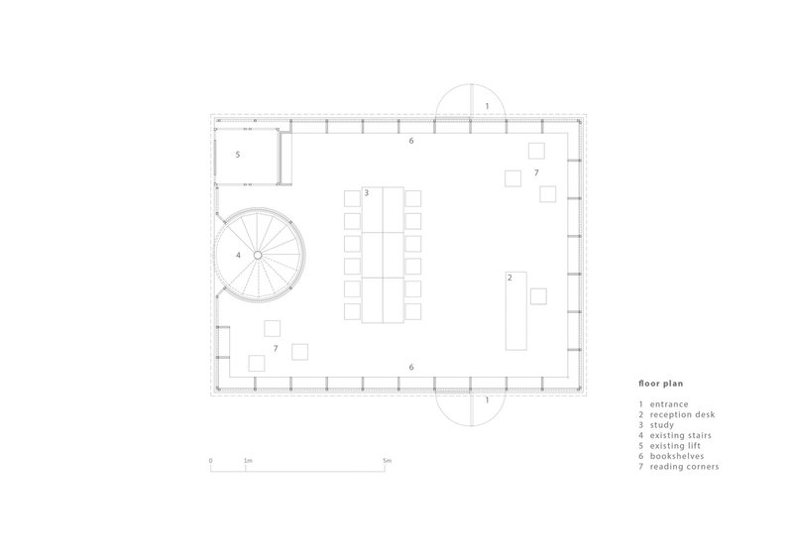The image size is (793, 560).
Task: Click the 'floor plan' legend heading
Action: coord(660,384)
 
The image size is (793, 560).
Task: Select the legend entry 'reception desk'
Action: coord(682,415)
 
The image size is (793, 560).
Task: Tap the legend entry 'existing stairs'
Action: coord(680,435)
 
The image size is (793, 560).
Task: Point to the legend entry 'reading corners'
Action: coord(684,467)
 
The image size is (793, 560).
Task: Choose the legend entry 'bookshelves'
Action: coord(677,456)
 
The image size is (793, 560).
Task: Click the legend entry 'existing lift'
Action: coord(675,446)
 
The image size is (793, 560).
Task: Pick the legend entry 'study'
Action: coord(661,425)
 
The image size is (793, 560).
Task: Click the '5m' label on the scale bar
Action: coord(387,461)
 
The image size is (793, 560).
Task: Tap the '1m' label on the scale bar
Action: coord(248,461)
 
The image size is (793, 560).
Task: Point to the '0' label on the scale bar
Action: coord(211,461)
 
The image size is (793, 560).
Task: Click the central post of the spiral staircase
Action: coord(258,255)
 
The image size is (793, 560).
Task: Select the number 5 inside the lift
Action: coord(238,155)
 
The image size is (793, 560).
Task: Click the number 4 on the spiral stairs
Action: coord(238,256)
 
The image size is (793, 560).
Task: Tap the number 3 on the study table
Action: coord(367,192)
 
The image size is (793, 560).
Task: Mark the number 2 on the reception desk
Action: coord(510,278)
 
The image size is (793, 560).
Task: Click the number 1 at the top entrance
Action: coord(487,107)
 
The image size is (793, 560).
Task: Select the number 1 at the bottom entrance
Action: coord(487,400)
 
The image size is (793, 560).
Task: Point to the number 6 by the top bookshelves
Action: coord(411,141)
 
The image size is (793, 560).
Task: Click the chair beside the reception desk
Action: coord(538,296)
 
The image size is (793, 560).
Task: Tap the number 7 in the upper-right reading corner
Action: coord(536,173)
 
